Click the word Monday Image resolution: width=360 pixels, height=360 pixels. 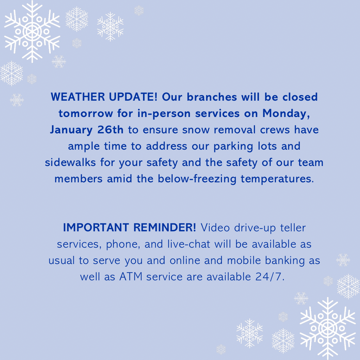pos(288,113)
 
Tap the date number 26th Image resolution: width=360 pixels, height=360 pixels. pos(110,130)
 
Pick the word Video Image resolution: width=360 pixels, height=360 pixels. pos(216,228)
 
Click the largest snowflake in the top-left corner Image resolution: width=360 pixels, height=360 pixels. pos(32,32)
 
